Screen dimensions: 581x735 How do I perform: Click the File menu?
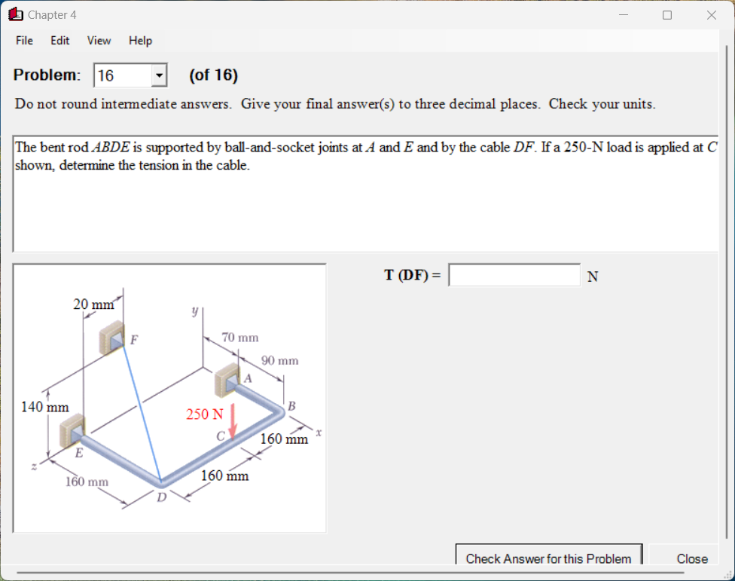click(24, 41)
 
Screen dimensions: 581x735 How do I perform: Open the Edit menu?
click(60, 41)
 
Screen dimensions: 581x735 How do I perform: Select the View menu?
click(99, 41)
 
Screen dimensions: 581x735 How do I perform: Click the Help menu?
click(140, 41)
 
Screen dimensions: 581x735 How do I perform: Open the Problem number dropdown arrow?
click(158, 75)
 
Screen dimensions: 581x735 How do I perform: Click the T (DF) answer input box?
click(514, 275)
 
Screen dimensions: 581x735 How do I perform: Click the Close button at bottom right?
click(691, 558)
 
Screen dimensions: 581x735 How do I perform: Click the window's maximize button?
click(666, 15)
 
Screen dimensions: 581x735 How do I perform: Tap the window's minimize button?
click(624, 15)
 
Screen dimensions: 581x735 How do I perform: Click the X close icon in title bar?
click(711, 15)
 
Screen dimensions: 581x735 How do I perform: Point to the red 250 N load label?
click(205, 414)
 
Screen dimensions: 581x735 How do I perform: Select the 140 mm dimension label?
click(44, 407)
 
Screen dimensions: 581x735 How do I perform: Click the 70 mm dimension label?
click(240, 338)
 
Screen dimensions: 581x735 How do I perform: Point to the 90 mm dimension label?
click(279, 361)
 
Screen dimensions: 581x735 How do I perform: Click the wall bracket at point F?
click(114, 338)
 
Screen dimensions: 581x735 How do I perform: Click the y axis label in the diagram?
click(194, 310)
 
